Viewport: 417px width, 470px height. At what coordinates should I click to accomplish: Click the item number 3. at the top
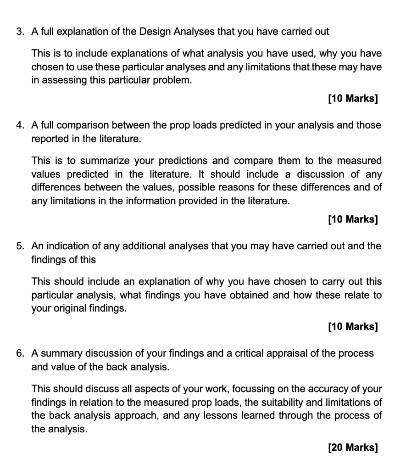[x=20, y=32]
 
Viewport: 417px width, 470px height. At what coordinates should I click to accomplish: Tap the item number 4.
[x=20, y=125]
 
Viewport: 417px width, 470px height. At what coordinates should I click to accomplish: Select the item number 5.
[x=20, y=246]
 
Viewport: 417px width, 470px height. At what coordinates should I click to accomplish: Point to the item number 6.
[x=20, y=353]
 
